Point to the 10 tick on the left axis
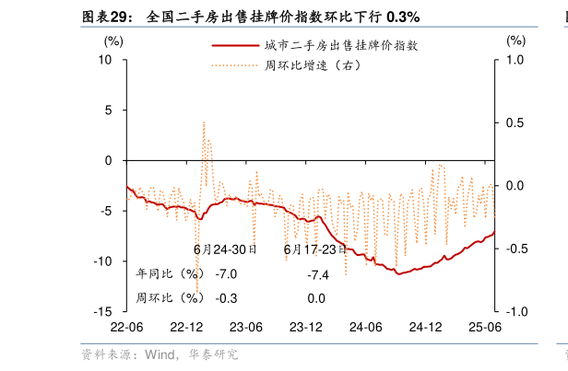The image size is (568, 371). pyautogui.click(x=105, y=60)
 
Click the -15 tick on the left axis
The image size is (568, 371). pyautogui.click(x=103, y=312)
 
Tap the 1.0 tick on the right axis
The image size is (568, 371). pyautogui.click(x=514, y=60)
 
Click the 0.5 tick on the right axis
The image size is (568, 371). pyautogui.click(x=514, y=122)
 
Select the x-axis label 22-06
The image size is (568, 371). pyautogui.click(x=126, y=328)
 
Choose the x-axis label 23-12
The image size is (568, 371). pyautogui.click(x=305, y=328)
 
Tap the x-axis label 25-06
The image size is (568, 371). pyautogui.click(x=484, y=328)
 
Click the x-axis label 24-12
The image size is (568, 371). pyautogui.click(x=425, y=328)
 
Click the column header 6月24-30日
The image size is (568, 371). pyautogui.click(x=225, y=249)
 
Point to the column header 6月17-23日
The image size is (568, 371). pyautogui.click(x=315, y=249)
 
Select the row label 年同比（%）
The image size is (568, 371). pyautogui.click(x=169, y=274)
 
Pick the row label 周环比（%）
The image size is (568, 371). pyautogui.click(x=169, y=298)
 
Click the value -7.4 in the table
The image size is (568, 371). pyautogui.click(x=318, y=274)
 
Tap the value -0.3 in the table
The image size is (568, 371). pyautogui.click(x=226, y=298)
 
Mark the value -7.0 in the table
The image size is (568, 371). pyautogui.click(x=226, y=274)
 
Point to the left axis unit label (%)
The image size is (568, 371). pyautogui.click(x=113, y=41)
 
